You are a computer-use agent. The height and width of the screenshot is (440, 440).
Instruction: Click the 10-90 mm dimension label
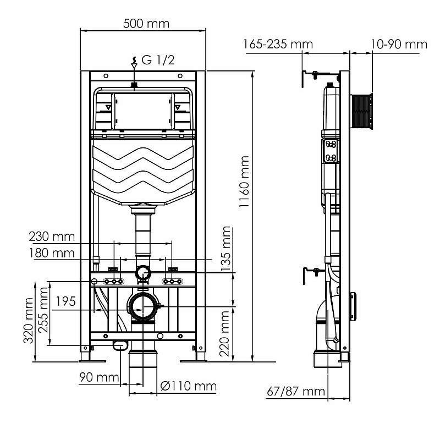click(399, 44)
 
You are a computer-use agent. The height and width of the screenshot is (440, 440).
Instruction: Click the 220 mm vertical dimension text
click(225, 333)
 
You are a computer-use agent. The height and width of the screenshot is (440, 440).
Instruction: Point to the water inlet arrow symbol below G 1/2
click(133, 66)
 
